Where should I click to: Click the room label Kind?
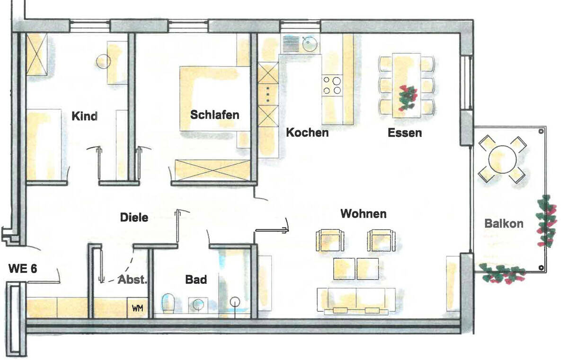[84, 116]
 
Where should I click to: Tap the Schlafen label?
[214, 114]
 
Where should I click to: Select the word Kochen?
[307, 132]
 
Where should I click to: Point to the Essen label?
[404, 132]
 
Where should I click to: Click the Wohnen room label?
[363, 214]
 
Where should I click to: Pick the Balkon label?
[504, 223]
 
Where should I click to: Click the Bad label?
[196, 280]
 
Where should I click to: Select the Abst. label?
[133, 279]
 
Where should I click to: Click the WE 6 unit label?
[23, 269]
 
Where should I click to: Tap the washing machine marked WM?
[137, 308]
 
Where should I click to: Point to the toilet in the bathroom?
[168, 303]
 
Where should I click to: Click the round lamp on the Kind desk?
[104, 61]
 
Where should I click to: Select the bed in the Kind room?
[44, 144]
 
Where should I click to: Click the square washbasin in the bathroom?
[198, 305]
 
